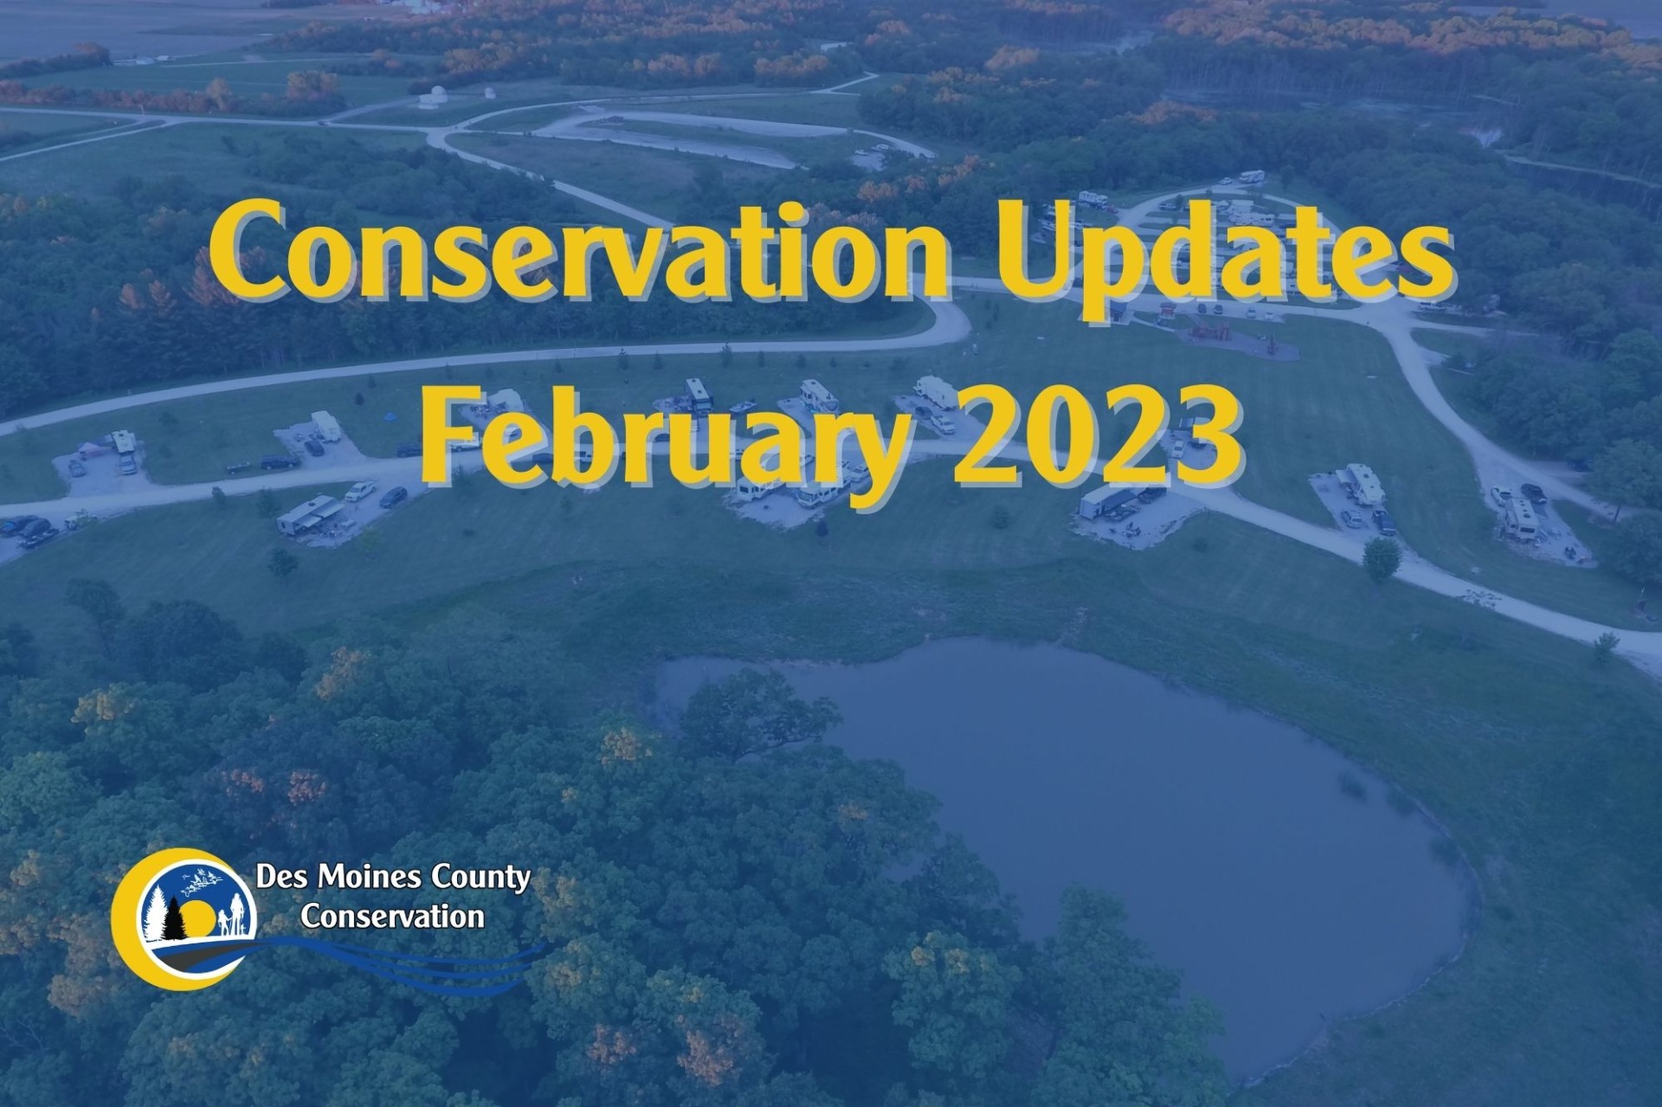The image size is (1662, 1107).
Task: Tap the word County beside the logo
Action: (480, 879)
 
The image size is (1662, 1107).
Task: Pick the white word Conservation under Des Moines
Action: (392, 917)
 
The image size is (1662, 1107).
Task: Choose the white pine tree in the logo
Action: (155, 913)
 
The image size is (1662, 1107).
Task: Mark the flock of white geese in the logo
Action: (201, 879)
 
